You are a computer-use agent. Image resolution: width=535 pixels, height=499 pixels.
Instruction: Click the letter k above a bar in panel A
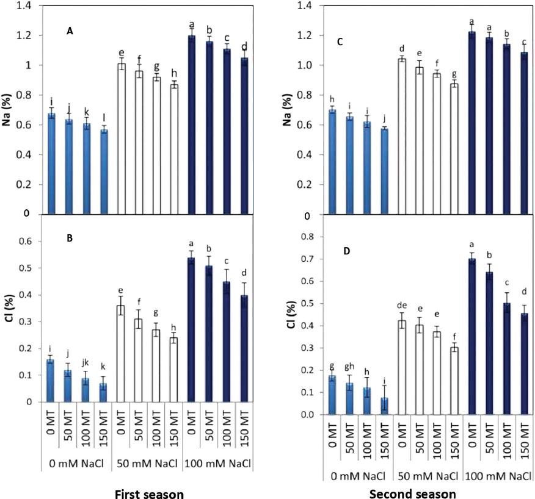pyautogui.click(x=89, y=113)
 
